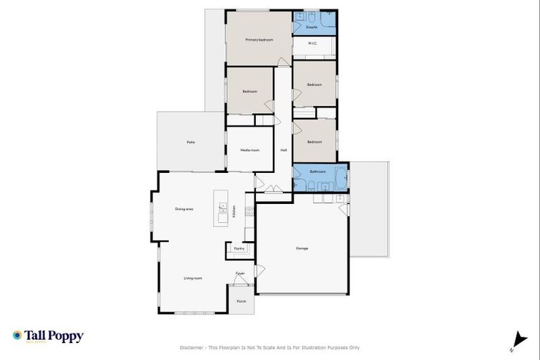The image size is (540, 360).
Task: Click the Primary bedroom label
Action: pyautogui.click(x=259, y=40)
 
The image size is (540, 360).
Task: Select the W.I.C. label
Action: pyautogui.click(x=313, y=44)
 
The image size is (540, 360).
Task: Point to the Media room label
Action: pyautogui.click(x=250, y=150)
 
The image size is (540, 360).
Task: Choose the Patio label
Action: pyautogui.click(x=191, y=142)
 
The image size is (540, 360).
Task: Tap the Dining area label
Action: pyautogui.click(x=184, y=209)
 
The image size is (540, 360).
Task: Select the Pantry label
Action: pyautogui.click(x=239, y=248)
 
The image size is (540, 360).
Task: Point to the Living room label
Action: pyautogui.click(x=193, y=278)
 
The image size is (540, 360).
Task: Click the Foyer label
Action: pyautogui.click(x=240, y=273)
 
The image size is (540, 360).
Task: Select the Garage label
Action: pyautogui.click(x=302, y=247)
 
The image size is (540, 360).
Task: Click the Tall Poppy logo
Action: pyautogui.click(x=48, y=336)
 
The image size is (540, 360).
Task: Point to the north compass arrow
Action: pyautogui.click(x=520, y=339)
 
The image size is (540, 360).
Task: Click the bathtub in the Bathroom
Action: pyautogui.click(x=340, y=179)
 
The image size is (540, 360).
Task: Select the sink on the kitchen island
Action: pyautogui.click(x=223, y=207)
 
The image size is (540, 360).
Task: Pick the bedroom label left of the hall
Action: pyautogui.click(x=250, y=91)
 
